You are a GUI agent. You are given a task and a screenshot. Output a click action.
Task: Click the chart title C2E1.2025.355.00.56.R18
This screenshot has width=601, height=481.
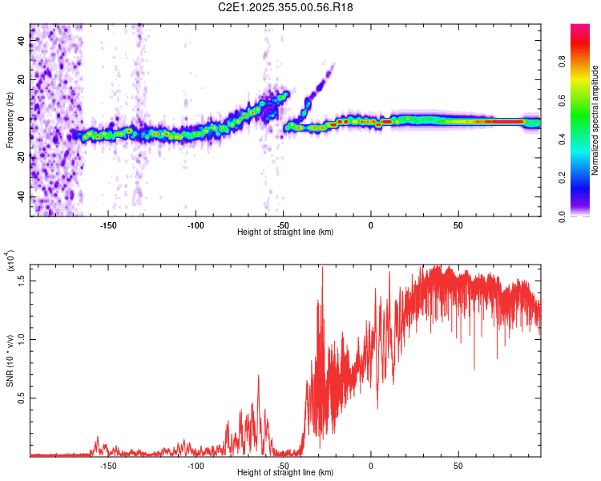pos(285,7)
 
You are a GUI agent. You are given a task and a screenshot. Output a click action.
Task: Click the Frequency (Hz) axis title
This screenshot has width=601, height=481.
pos(10,120)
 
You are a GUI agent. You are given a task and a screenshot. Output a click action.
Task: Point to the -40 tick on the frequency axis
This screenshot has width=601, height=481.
pos(20,197)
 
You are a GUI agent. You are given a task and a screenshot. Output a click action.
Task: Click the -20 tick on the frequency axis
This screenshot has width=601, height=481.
pos(20,158)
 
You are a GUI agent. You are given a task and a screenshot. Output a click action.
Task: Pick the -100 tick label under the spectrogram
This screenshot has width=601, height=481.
pos(196,225)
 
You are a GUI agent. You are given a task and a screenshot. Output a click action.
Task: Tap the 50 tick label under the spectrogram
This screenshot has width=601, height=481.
pos(458,225)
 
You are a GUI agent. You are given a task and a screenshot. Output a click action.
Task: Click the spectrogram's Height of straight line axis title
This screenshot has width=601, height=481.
pos(285,232)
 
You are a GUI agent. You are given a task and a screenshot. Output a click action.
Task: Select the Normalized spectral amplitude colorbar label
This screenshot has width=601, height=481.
pos(595,120)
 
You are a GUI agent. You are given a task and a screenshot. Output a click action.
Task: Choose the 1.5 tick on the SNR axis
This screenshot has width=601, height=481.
pos(22,279)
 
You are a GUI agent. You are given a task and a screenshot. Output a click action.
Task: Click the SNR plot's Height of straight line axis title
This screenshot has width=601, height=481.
pos(285,473)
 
